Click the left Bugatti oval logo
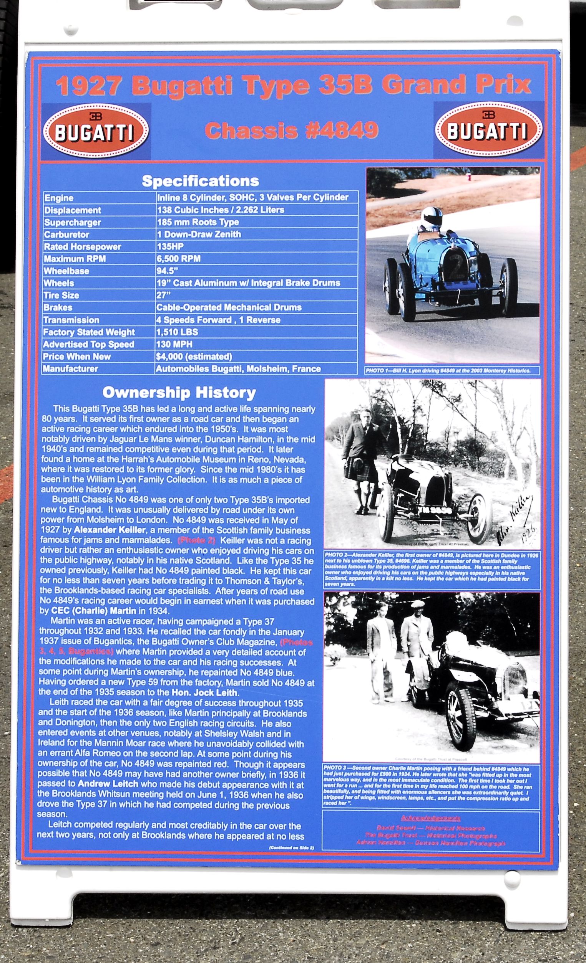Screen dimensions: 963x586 tap(95, 130)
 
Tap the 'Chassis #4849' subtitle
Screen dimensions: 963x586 tap(291, 130)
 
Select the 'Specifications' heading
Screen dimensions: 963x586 tap(200, 181)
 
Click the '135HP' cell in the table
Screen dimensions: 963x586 tap(170, 247)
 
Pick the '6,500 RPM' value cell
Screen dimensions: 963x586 tap(178, 259)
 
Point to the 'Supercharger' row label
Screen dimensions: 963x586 tap(72, 222)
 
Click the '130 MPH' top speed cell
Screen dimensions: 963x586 tap(174, 344)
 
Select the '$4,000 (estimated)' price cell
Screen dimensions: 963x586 tap(194, 357)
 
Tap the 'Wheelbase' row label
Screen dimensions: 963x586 tap(66, 271)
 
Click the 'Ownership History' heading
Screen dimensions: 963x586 tap(179, 392)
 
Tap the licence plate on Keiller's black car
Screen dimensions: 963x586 tap(436, 510)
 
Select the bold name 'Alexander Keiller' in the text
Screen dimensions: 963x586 tap(110, 530)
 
